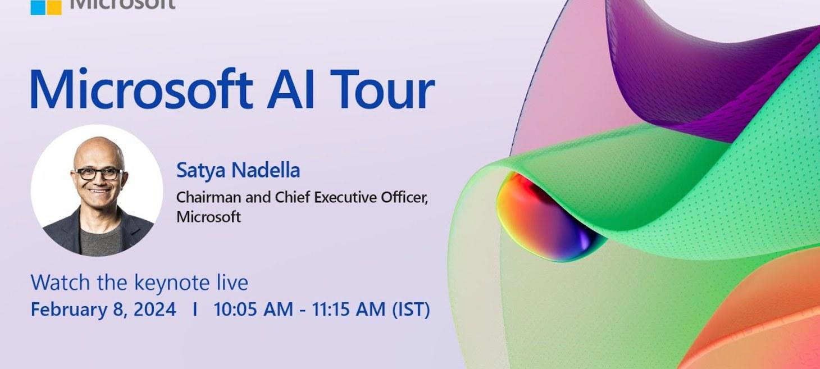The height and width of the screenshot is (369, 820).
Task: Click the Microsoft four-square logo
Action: pos(46,7)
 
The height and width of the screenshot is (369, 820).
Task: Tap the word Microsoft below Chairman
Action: pos(208,217)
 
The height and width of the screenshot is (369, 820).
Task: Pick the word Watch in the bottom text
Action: pos(60,283)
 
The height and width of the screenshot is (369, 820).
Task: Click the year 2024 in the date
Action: pos(154,309)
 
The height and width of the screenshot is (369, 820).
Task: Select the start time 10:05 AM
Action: pos(253,309)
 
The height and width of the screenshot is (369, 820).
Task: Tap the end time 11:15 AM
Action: pos(348,309)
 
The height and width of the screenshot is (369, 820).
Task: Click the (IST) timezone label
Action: pos(411,309)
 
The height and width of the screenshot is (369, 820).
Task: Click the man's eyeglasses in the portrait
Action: pos(99,174)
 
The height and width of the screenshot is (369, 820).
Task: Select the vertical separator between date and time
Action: pos(195,309)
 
